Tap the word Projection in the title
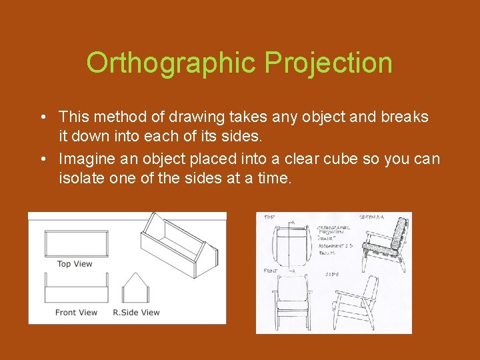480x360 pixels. tap(328, 63)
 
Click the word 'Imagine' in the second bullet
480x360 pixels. tap(85, 159)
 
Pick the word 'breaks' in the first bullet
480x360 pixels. tap(405, 117)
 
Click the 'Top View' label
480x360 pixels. tap(75, 264)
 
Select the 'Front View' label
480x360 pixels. tap(76, 312)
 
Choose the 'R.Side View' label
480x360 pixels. tap(136, 312)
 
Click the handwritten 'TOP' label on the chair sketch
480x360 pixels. tap(269, 217)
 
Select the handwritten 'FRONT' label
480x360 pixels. tap(271, 271)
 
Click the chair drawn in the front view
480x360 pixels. tap(293, 303)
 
